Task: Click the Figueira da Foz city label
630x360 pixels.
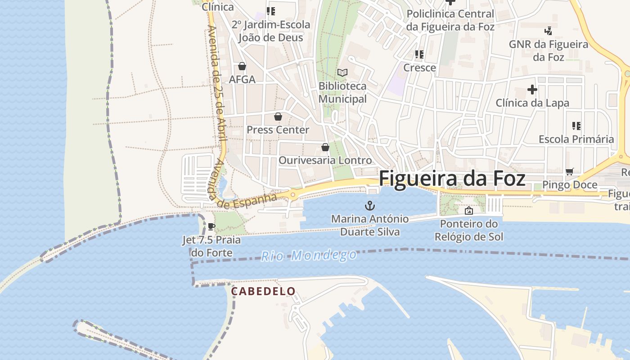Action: [x=452, y=179]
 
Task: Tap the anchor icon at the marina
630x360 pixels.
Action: [x=369, y=206]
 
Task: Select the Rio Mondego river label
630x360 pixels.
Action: [x=309, y=256]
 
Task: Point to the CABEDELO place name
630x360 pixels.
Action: [x=263, y=292]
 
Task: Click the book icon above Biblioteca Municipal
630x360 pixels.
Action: [x=342, y=72]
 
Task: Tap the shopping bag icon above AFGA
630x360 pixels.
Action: [x=242, y=67]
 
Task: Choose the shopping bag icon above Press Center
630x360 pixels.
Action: [x=278, y=117]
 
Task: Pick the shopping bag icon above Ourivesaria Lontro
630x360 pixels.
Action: [x=325, y=147]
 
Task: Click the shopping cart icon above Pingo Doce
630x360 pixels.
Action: [x=569, y=171]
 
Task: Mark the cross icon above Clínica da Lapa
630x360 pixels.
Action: [x=532, y=90]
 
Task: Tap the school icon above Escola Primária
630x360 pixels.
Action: [x=576, y=126]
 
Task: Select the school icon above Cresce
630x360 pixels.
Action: [x=419, y=54]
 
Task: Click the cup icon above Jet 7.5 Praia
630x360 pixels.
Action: [x=211, y=226]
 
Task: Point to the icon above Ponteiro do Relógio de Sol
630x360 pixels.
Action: [x=468, y=210]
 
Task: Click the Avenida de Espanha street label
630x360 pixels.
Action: [x=246, y=200]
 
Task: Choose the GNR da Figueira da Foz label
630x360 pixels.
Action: [x=548, y=51]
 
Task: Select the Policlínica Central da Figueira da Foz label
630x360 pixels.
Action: [x=450, y=20]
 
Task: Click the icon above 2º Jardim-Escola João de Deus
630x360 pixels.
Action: [x=270, y=11]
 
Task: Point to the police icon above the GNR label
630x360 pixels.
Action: [x=548, y=31]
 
